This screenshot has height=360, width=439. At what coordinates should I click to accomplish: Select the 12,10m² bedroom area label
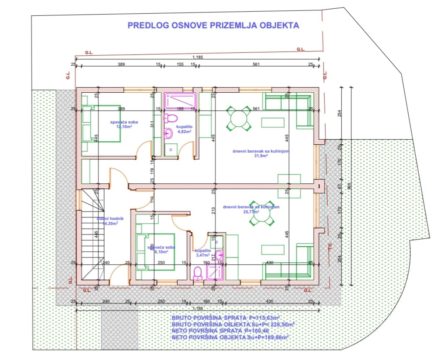pyautogui.click(x=124, y=127)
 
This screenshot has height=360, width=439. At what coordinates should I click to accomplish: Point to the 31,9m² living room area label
pyautogui.click(x=261, y=156)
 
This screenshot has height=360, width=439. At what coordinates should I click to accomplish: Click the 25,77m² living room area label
pyautogui.click(x=251, y=212)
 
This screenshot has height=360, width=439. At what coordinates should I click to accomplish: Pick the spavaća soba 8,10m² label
pyautogui.click(x=161, y=252)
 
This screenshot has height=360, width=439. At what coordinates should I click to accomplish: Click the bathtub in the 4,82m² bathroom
pyautogui.click(x=180, y=100)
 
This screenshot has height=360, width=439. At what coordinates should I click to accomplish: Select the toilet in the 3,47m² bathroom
pyautogui.click(x=198, y=273)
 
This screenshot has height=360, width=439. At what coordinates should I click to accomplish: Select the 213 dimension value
pyautogui.click(x=213, y=210)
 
